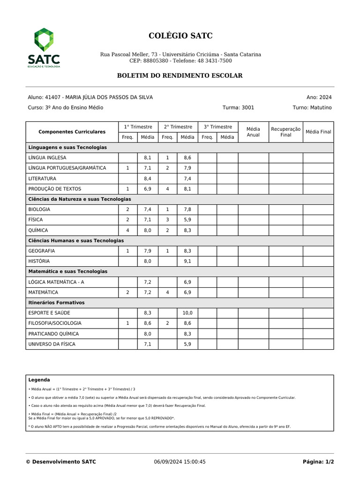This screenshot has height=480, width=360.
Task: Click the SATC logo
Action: [x=44, y=48]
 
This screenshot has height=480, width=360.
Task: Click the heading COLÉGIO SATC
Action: [x=180, y=36]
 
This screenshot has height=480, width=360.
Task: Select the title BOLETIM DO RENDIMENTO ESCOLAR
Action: [x=180, y=75]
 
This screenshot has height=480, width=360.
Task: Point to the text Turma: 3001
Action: [x=238, y=107]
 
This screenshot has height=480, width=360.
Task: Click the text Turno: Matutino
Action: [x=312, y=107]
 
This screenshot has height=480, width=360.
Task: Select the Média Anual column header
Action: [x=253, y=132]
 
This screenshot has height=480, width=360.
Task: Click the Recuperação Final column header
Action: [x=285, y=132]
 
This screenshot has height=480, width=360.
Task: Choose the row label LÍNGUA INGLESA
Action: [x=47, y=158]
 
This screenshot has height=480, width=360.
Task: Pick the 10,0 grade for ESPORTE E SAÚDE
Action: [x=187, y=313]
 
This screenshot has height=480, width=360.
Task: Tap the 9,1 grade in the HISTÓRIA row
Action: [x=187, y=261]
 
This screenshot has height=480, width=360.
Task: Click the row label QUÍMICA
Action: [x=38, y=230]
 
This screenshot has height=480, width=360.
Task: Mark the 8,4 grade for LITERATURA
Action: [x=148, y=179]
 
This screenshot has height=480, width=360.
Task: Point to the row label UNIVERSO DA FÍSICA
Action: [x=52, y=344]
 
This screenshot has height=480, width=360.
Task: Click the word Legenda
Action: [x=39, y=380]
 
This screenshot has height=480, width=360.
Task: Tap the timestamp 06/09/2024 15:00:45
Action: [x=180, y=462]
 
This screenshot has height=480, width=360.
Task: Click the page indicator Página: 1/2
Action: [x=318, y=462]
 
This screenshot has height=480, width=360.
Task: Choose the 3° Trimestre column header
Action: [x=217, y=127]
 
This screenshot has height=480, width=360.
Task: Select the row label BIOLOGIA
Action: [x=39, y=210]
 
